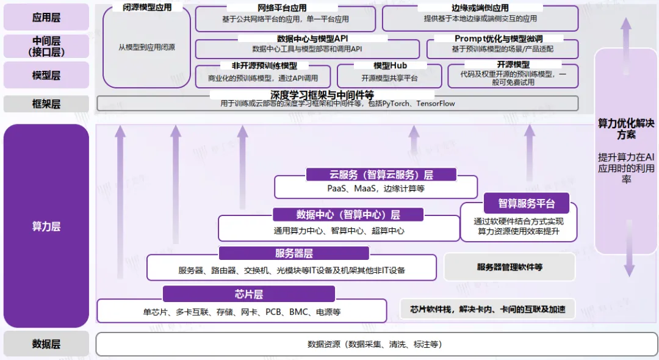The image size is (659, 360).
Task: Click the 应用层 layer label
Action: coord(46,17)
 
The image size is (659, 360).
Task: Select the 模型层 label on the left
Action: coord(46,75)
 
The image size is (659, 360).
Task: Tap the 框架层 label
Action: coord(46,104)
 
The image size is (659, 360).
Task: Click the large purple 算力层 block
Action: coord(46,226)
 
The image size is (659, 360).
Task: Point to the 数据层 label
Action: coord(46,344)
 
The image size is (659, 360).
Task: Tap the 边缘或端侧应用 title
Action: coord(480,8)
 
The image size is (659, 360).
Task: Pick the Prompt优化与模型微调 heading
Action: coord(499,38)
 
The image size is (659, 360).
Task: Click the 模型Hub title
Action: coord(390,65)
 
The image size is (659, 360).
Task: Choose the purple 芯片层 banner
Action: coord(248,294)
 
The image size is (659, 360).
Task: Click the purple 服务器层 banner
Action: coord(293,253)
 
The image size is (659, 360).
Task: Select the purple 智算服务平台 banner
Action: coord(526,204)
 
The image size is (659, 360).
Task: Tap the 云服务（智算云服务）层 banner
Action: coord(381,175)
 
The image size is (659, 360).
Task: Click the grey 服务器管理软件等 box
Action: coord(510,267)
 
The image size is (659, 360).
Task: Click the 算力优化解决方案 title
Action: coord(626,128)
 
